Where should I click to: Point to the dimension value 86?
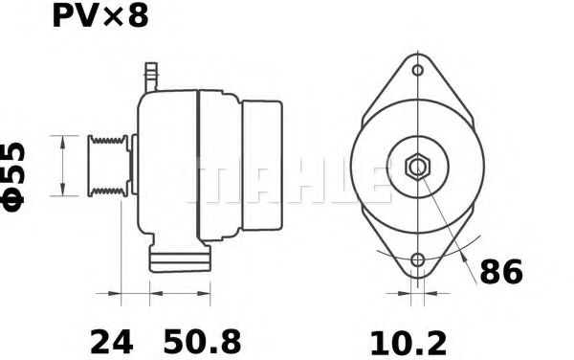[500, 273]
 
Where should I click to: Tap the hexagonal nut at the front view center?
[417, 167]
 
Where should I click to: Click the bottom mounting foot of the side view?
[179, 258]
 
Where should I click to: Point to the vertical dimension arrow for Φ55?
[63, 166]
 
